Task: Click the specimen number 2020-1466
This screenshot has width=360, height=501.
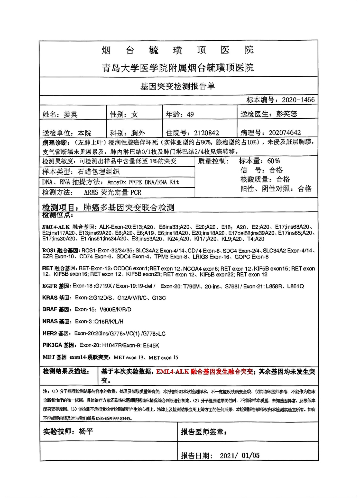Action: pos(298,100)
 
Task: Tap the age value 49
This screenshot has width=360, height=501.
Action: pos(190,114)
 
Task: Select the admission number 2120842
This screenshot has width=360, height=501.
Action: pos(206,133)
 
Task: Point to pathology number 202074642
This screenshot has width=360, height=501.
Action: pos(285,132)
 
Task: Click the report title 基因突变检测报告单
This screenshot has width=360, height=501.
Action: pos(178,86)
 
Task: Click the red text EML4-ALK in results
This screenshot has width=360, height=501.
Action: pos(172,372)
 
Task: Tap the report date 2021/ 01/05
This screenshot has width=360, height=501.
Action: pos(239,455)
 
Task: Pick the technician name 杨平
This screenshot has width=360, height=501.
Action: pos(86,431)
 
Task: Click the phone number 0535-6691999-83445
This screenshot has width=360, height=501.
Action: pos(113,418)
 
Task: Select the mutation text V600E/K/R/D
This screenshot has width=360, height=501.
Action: pos(115,309)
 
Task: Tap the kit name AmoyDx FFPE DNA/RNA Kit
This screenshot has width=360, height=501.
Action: pos(143,182)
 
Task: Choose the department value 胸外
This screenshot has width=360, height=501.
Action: pos(138,133)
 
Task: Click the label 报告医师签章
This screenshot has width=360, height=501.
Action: pos(204,432)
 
